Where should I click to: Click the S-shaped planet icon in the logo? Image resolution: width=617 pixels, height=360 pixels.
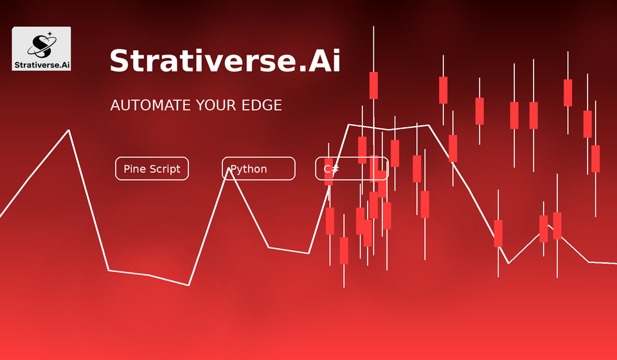coord(42,45)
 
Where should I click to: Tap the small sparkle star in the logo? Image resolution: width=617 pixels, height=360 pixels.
coord(49,34)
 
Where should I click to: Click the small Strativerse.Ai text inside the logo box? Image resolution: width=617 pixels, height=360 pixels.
coord(42,64)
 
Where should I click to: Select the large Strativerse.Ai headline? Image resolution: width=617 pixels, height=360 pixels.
coord(225,60)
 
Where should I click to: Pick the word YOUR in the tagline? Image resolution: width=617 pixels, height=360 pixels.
coord(216,105)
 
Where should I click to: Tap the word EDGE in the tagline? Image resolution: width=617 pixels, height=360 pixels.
coord(262,105)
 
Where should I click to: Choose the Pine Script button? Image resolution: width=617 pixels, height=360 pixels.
coord(152,168)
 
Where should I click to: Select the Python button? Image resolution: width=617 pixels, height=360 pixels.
coord(258,168)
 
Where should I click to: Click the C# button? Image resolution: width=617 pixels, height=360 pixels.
coord(352,168)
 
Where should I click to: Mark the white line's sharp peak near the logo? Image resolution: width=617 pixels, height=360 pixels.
coord(69,130)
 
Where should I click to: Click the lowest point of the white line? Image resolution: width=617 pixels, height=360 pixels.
coord(189,285)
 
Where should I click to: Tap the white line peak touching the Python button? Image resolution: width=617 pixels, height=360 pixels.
coord(229,169)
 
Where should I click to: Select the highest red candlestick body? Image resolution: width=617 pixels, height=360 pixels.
coord(373,85)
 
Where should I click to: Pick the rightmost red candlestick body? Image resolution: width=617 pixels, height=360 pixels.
coord(595,159)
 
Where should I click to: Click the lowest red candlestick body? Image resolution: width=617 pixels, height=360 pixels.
coord(344,251)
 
